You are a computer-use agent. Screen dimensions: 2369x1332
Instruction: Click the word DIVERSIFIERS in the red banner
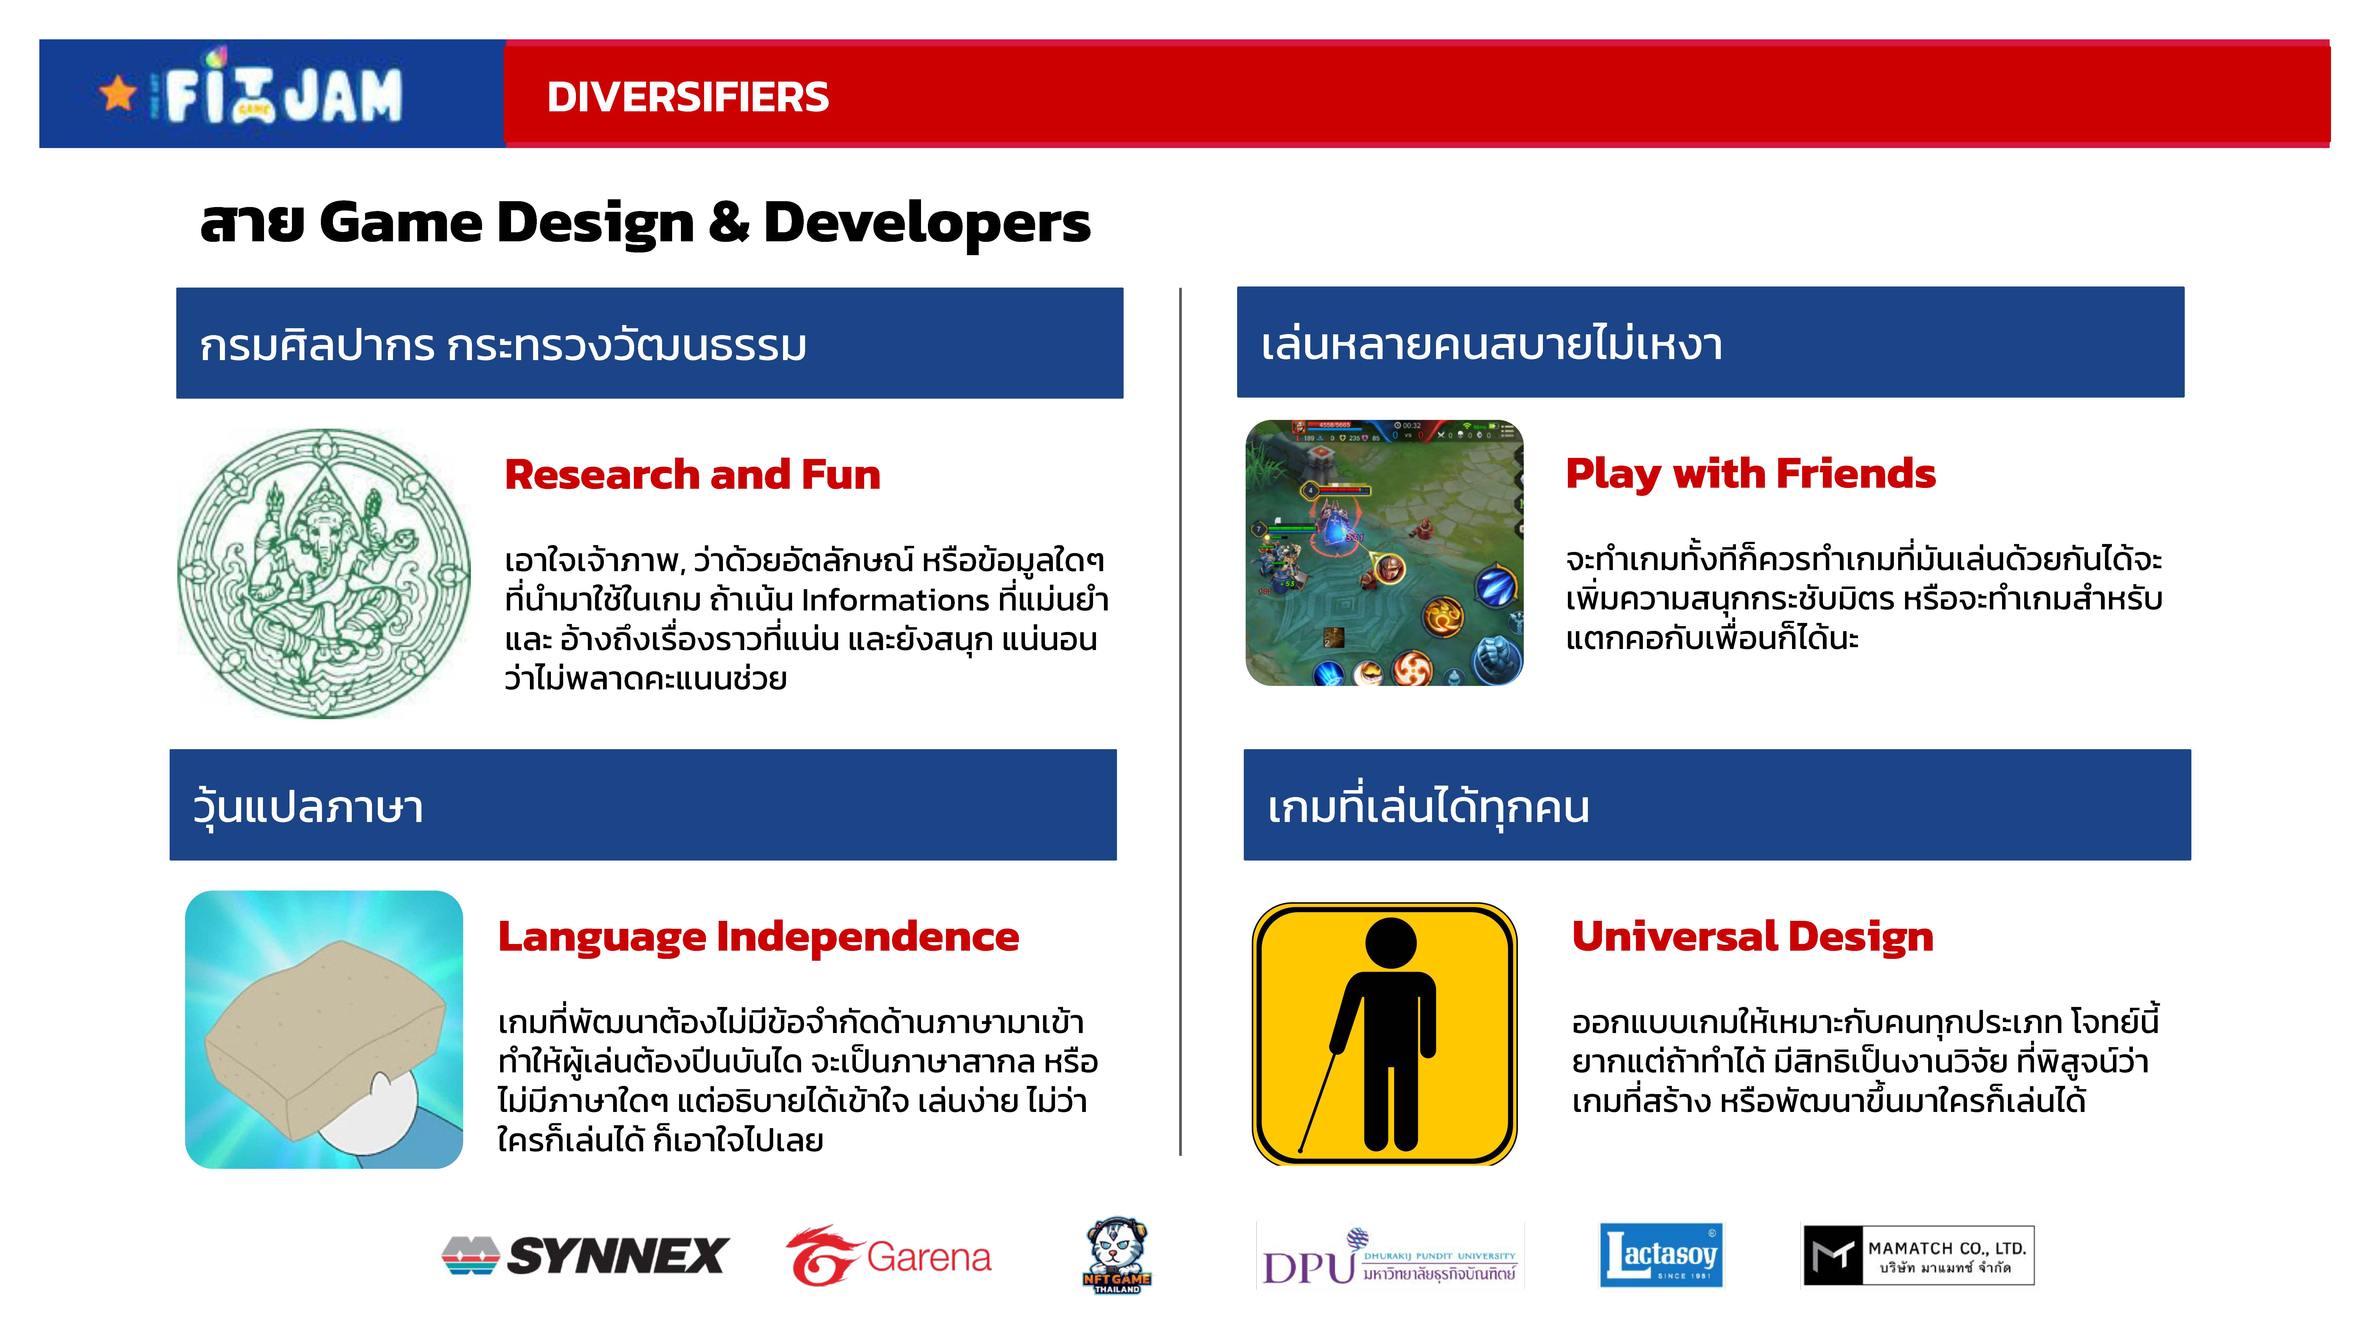tap(688, 96)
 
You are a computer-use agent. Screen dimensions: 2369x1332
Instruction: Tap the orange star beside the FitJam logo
tap(118, 93)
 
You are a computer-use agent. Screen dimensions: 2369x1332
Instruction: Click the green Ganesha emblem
tap(324, 574)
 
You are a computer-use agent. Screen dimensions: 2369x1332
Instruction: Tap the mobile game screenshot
tap(1384, 553)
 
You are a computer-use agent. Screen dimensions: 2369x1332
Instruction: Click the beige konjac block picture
tap(324, 1030)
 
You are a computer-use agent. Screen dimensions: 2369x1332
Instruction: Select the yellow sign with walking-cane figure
tap(1384, 1033)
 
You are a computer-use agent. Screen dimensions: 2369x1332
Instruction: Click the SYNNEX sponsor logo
tap(585, 1256)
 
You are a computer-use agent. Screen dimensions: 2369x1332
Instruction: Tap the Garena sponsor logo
tap(888, 1256)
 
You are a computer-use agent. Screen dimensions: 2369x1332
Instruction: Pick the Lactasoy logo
tap(1661, 1255)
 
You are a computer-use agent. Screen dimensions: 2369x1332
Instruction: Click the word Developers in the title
tap(927, 224)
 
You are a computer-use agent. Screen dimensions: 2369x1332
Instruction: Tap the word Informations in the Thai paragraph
tap(895, 600)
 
